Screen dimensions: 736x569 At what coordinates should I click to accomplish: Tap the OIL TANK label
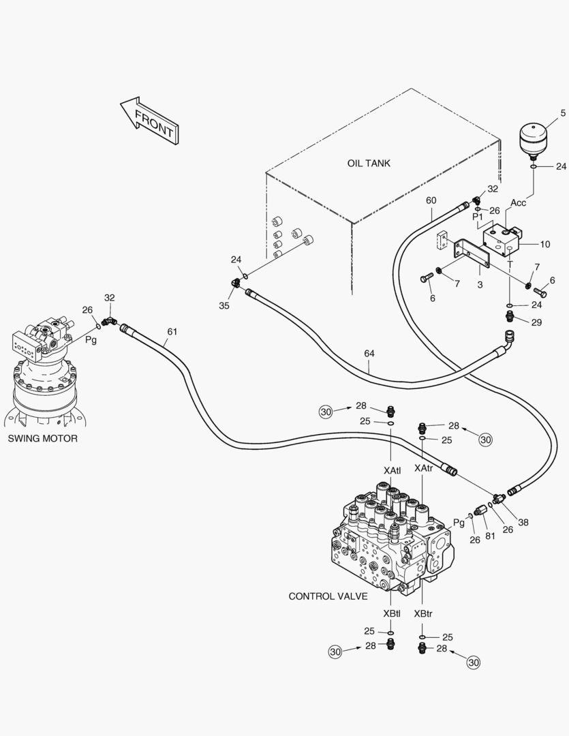click(369, 164)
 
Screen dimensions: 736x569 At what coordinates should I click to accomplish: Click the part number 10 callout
click(545, 244)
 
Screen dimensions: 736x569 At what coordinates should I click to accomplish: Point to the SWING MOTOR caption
click(42, 439)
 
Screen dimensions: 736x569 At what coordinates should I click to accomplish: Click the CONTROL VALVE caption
click(328, 596)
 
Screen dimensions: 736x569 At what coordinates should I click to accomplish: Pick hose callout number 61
click(172, 332)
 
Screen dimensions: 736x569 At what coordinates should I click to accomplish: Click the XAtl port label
click(392, 470)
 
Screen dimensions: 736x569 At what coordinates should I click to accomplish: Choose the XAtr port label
click(423, 469)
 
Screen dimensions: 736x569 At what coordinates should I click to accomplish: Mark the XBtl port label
click(391, 613)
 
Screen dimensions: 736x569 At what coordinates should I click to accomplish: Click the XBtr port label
click(422, 613)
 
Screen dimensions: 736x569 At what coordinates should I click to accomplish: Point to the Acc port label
click(519, 202)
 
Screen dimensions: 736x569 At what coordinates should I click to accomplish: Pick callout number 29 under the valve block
click(536, 322)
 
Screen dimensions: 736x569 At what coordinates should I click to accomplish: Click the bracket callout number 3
click(480, 285)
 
